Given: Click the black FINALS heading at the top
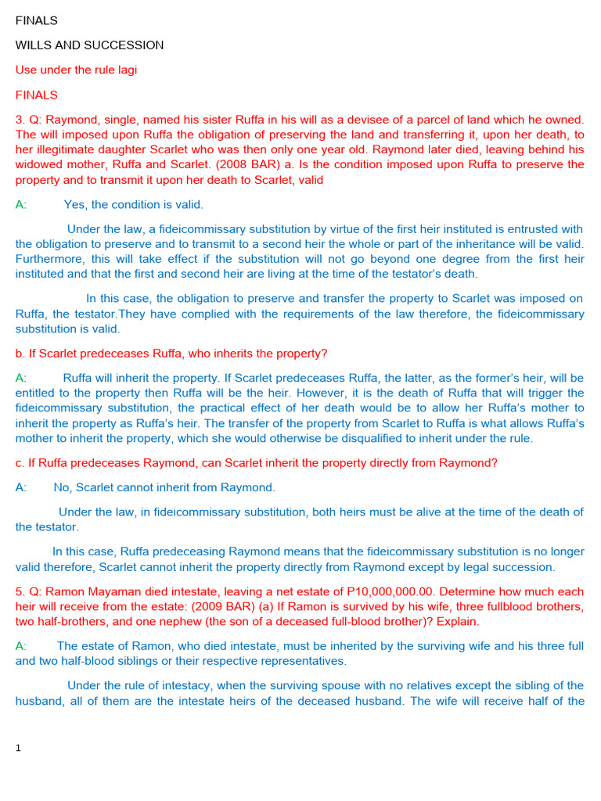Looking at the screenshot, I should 37,20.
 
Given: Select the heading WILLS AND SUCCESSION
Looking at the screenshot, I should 89,45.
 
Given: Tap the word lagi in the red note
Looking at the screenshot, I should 125,70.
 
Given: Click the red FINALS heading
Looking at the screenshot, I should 37,95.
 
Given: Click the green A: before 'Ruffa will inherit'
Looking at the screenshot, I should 20,378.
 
